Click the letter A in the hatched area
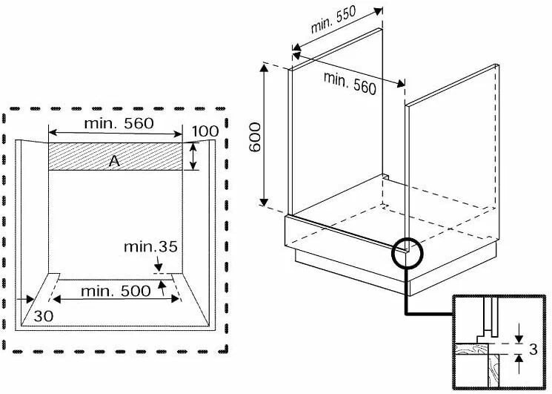[115, 161]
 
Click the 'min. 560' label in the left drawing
[119, 124]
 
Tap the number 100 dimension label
[205, 132]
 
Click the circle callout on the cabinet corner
[405, 252]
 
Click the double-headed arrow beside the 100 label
[193, 157]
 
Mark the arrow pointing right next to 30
[27, 300]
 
